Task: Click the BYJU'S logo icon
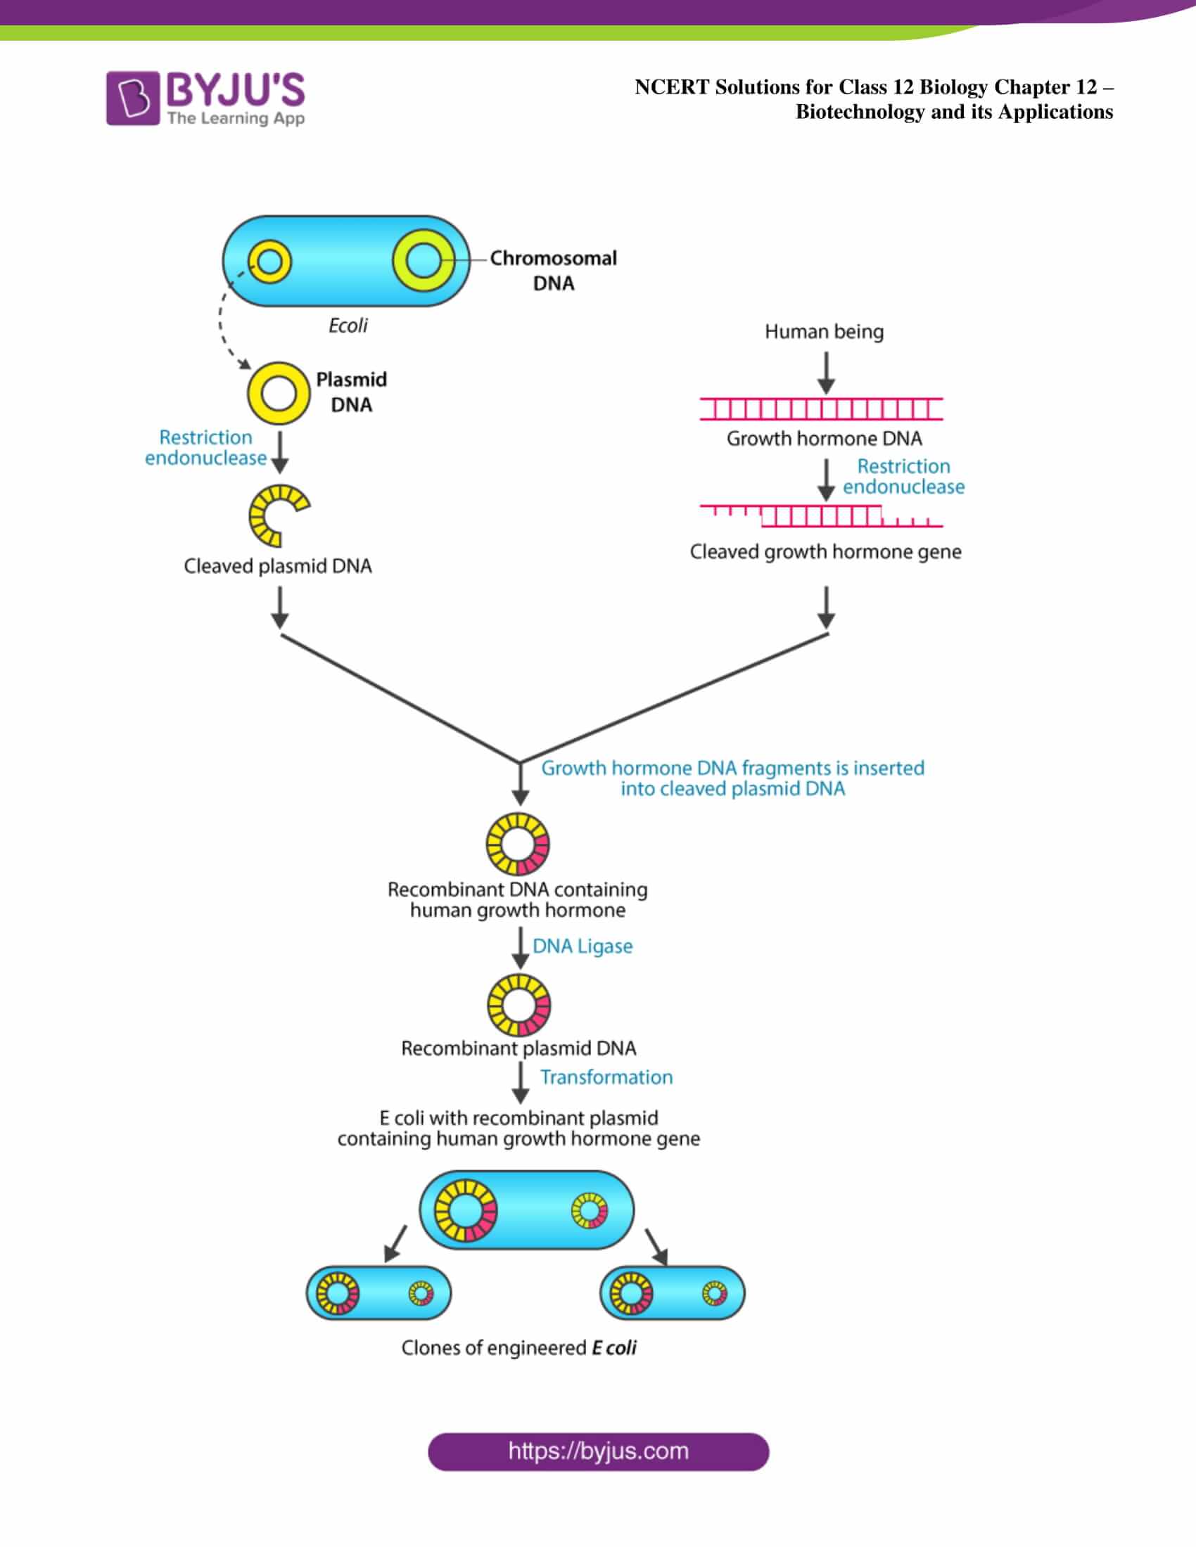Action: (x=132, y=98)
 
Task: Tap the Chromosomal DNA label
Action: (x=553, y=270)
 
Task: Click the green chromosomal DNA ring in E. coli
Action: (x=424, y=260)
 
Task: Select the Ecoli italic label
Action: (x=348, y=326)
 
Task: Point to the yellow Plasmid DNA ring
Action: (x=279, y=393)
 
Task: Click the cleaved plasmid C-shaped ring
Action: (x=277, y=515)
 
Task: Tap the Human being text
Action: (x=824, y=331)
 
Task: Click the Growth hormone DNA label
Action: (x=824, y=439)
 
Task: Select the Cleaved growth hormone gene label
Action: (x=825, y=552)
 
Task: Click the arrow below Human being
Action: (x=826, y=373)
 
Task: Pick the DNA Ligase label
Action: (x=583, y=946)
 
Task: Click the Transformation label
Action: (x=606, y=1077)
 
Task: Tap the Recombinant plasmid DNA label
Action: (x=519, y=1048)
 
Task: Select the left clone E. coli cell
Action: (x=379, y=1292)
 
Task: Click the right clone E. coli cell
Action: (x=673, y=1292)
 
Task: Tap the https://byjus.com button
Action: (x=598, y=1451)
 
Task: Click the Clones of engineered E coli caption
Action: (x=519, y=1348)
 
